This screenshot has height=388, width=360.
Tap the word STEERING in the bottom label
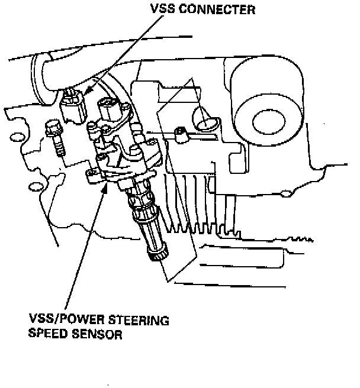click(x=140, y=321)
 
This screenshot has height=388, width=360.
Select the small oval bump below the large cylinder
click(x=286, y=192)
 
